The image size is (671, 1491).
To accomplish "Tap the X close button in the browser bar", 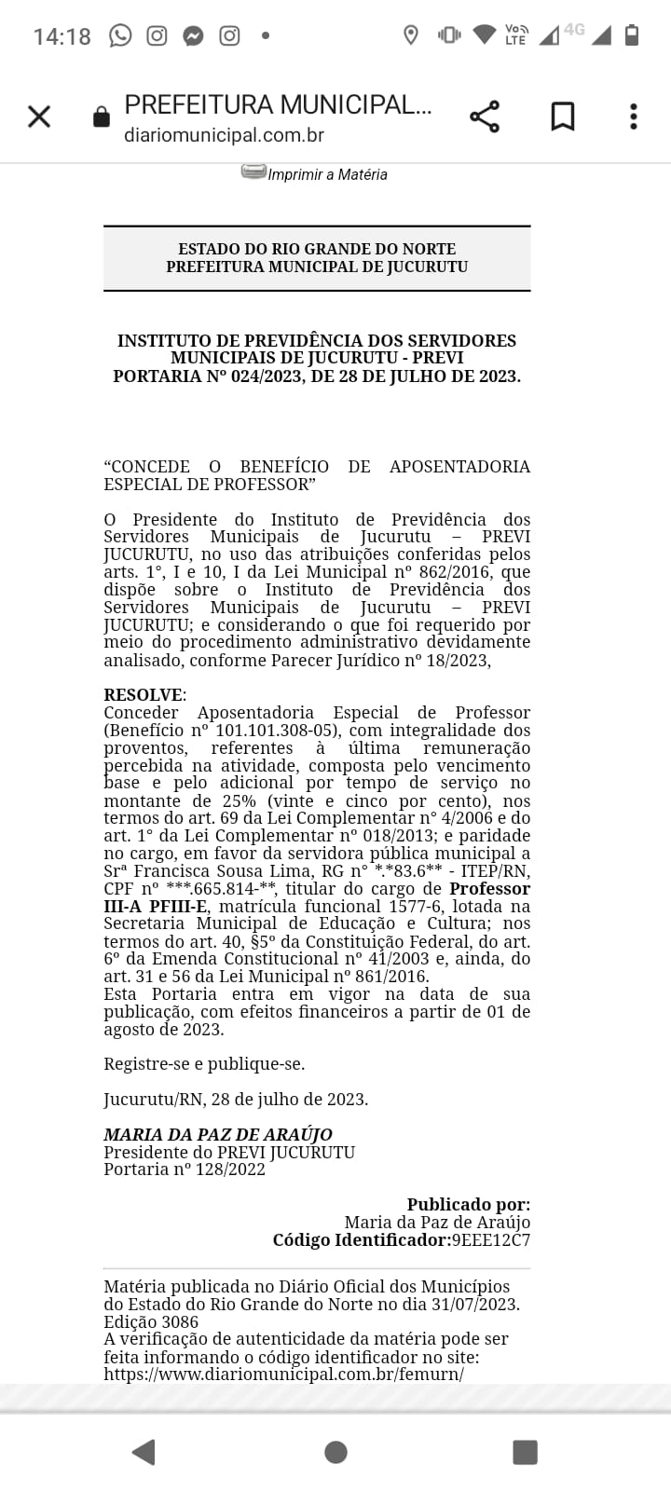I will (x=39, y=116).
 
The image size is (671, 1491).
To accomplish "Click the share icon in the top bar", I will (x=485, y=116).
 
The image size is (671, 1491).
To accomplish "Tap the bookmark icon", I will (x=563, y=116).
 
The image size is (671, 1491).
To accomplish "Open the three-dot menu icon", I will (x=634, y=116).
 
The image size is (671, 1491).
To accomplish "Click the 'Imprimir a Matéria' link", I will (x=327, y=174).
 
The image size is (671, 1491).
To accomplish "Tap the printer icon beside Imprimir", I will (x=253, y=171).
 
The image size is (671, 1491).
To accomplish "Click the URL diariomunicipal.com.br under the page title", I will (x=224, y=135).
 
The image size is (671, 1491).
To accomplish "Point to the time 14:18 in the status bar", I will (x=62, y=36).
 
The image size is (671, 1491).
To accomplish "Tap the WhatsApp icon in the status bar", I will (x=120, y=35).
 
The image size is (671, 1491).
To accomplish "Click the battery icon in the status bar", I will (x=631, y=35).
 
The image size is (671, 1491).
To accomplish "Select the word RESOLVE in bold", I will (x=144, y=695).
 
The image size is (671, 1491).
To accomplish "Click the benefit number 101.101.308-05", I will (x=275, y=731).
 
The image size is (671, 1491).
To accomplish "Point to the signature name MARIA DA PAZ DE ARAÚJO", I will (x=218, y=1135).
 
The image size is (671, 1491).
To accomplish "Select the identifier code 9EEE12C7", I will (x=490, y=1240).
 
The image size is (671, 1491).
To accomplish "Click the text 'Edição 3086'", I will (x=151, y=1322).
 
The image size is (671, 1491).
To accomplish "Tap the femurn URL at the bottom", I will (x=283, y=1375).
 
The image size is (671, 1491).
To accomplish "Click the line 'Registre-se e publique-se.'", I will (x=204, y=1064).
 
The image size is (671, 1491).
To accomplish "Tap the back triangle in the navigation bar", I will (x=144, y=1452).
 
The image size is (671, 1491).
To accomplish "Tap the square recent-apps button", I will (x=525, y=1452).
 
